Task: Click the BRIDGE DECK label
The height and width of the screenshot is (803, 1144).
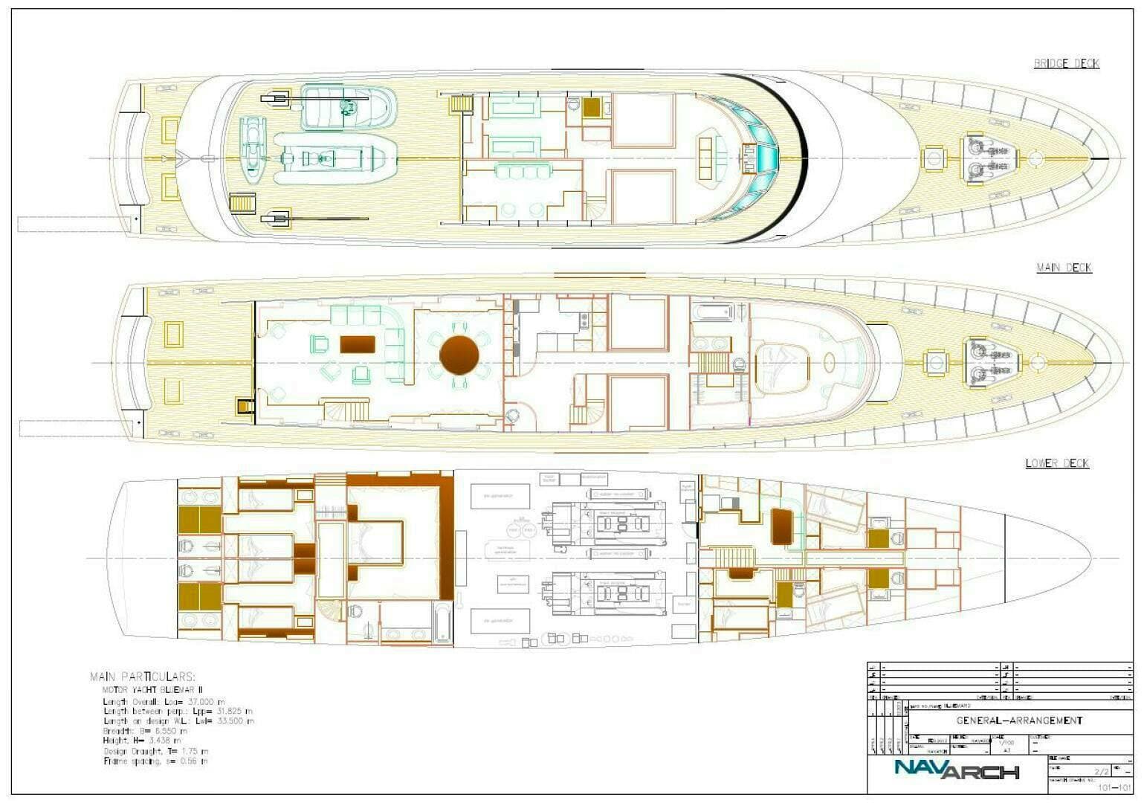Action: [x=1066, y=64]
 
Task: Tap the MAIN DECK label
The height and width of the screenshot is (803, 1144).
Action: [x=1064, y=268]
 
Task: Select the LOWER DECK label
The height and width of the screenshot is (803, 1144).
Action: [x=1057, y=463]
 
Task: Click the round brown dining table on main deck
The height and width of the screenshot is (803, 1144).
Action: [x=459, y=355]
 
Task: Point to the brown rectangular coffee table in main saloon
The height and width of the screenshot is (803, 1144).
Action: [x=358, y=344]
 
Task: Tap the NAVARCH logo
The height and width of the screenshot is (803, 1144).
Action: [x=956, y=770]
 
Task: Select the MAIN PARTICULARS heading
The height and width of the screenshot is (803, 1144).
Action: [x=142, y=677]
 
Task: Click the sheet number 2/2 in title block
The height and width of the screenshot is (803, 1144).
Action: [x=1101, y=772]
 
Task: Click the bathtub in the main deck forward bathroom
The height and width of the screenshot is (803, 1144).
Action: [x=714, y=312]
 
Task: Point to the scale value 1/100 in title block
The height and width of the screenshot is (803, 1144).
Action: [x=1006, y=742]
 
